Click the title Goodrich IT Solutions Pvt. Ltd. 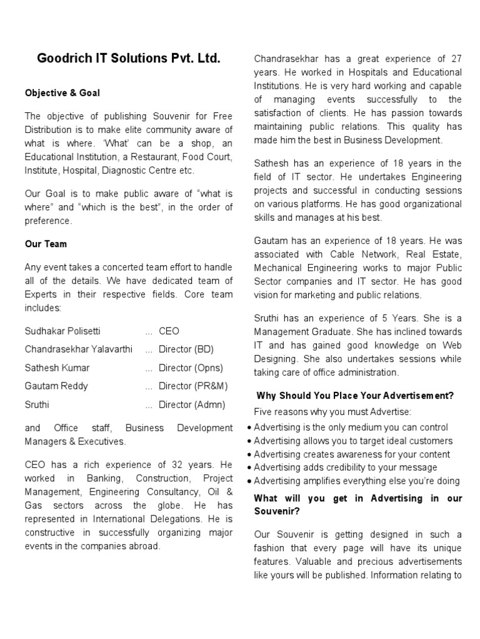pyautogui.click(x=129, y=59)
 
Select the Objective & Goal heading pyautogui.click(x=62, y=93)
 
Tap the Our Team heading pyautogui.click(x=46, y=244)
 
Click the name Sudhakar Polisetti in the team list pyautogui.click(x=62, y=331)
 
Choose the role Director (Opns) pyautogui.click(x=191, y=368)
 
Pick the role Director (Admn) pyautogui.click(x=192, y=404)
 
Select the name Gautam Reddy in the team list pyautogui.click(x=56, y=386)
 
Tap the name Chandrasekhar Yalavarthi pyautogui.click(x=79, y=349)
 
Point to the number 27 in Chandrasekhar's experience pyautogui.click(x=456, y=59)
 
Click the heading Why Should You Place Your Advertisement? pyautogui.click(x=355, y=396)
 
